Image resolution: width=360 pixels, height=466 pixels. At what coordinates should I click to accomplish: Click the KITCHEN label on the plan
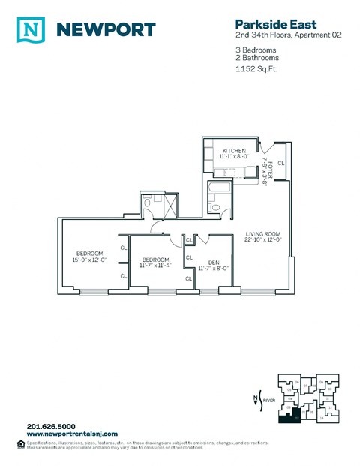[233, 151]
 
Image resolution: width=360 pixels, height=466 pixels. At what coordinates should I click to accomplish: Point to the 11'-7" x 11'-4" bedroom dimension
[156, 265]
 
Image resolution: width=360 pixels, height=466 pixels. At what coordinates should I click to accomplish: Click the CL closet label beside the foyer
[281, 163]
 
